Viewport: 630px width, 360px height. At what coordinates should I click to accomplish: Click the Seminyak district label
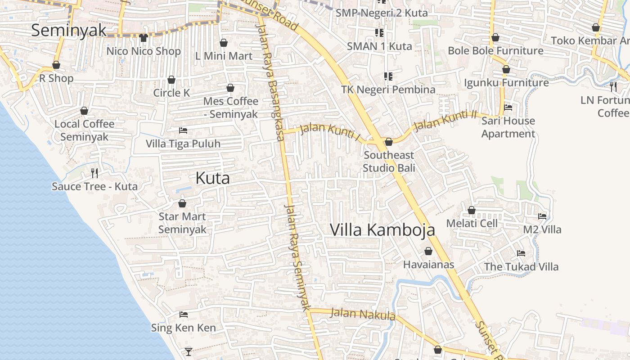69,30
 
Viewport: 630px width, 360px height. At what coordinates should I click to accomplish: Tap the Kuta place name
212,178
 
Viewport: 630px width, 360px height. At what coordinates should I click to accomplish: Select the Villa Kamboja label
382,229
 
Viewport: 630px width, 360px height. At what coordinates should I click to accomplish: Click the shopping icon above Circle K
171,80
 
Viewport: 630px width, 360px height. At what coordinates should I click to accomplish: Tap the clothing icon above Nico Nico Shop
144,38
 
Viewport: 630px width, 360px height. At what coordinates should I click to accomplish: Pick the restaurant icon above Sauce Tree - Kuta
94,173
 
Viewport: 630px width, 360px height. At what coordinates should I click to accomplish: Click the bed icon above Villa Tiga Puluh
183,130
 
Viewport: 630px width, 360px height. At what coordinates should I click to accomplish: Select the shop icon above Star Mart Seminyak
182,203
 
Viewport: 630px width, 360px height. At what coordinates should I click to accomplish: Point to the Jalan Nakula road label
363,314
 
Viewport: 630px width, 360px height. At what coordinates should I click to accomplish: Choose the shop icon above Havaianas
428,251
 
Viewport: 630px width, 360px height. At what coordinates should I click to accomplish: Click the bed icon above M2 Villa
542,216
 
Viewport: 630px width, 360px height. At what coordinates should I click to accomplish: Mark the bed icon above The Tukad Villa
521,253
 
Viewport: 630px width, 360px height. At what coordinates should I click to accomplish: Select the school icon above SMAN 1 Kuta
379,33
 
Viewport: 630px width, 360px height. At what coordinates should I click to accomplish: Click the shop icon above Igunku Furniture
506,69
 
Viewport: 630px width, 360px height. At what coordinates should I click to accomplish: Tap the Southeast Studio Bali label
389,162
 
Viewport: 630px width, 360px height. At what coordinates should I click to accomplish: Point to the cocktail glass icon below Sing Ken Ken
189,351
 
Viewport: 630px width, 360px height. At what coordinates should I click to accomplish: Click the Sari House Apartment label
508,127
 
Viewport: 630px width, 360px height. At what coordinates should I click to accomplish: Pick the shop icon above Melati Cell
472,210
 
